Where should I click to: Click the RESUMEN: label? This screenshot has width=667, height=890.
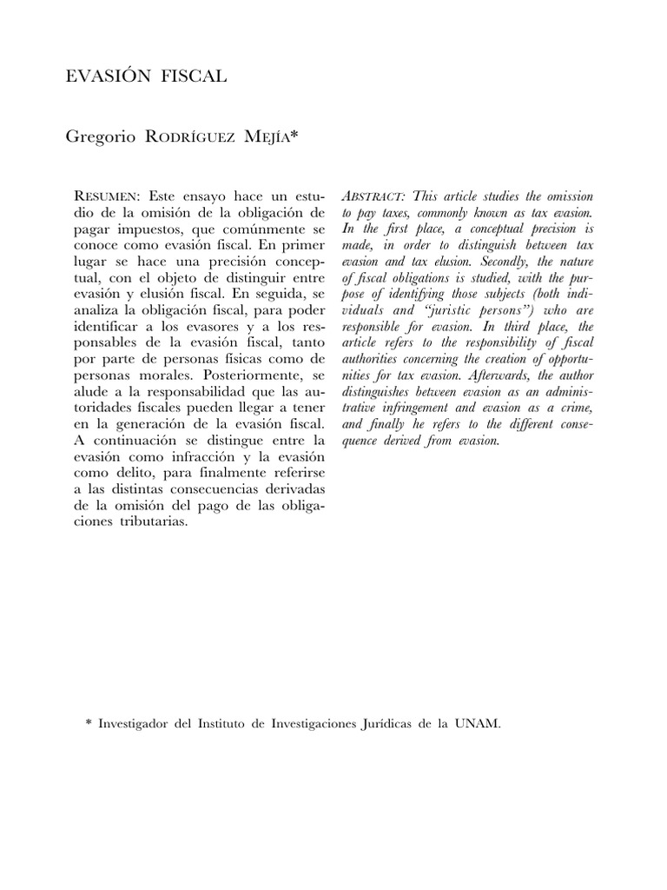click(102, 197)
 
